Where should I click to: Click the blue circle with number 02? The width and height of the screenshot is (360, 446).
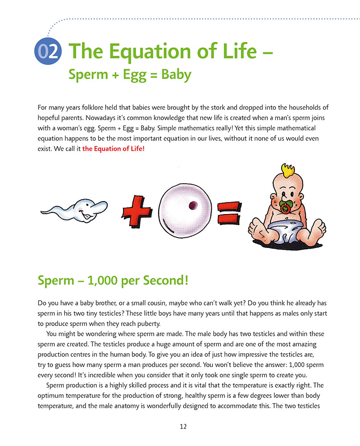pos(47,52)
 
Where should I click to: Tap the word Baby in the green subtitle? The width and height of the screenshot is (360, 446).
pos(176,74)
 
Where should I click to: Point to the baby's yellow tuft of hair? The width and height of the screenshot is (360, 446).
pos(288,171)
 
